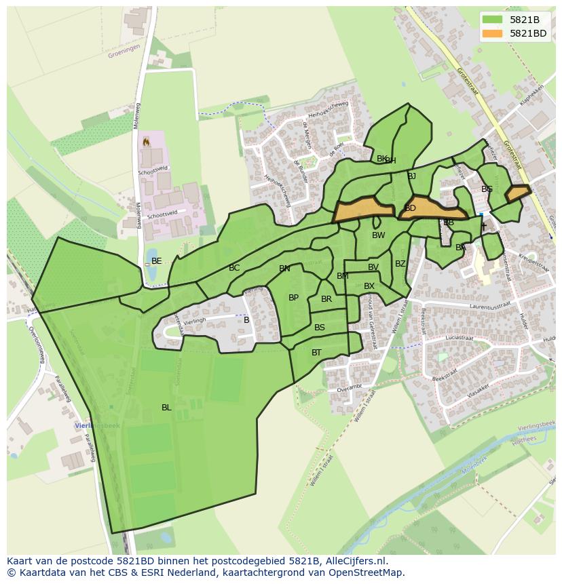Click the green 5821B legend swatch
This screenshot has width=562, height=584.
click(493, 20)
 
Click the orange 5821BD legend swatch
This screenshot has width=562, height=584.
click(493, 33)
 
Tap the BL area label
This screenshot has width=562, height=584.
click(166, 408)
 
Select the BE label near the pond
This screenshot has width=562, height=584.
click(157, 261)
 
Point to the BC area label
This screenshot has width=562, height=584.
click(234, 269)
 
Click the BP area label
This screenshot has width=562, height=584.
click(293, 298)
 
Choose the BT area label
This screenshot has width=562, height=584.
click(316, 353)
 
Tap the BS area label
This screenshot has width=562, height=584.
click(320, 328)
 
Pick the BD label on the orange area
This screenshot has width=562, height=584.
click(410, 209)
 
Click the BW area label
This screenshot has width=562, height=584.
click(378, 236)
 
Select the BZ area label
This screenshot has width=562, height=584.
click(400, 264)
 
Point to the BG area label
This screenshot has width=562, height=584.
click(487, 189)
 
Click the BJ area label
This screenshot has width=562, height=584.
click(411, 176)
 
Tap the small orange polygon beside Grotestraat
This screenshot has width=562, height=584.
click(518, 193)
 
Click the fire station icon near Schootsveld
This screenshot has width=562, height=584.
click(145, 142)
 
